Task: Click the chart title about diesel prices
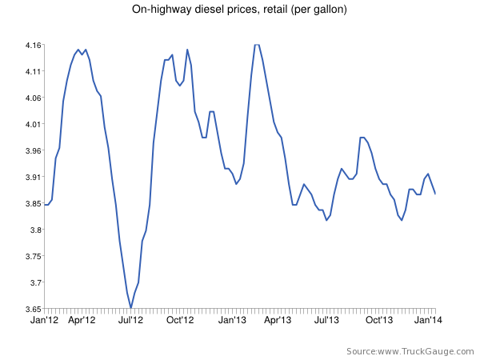pos(239,10)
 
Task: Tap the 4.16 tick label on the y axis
pos(32,45)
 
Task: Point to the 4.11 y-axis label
pos(32,71)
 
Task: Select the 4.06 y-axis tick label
pos(32,98)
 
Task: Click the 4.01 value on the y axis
pos(32,124)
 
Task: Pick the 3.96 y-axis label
pos(32,150)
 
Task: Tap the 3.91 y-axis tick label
pos(32,177)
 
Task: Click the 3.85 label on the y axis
pos(32,203)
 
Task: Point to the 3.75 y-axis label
pos(32,256)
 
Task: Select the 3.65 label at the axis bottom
pos(32,308)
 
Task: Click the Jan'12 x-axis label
pos(45,320)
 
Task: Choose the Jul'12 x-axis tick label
pos(130,320)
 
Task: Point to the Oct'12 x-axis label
pos(180,320)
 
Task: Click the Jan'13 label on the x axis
pos(233,320)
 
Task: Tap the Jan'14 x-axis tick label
pos(429,320)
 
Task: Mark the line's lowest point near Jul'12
pos(130,307)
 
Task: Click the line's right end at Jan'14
pos(435,194)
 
